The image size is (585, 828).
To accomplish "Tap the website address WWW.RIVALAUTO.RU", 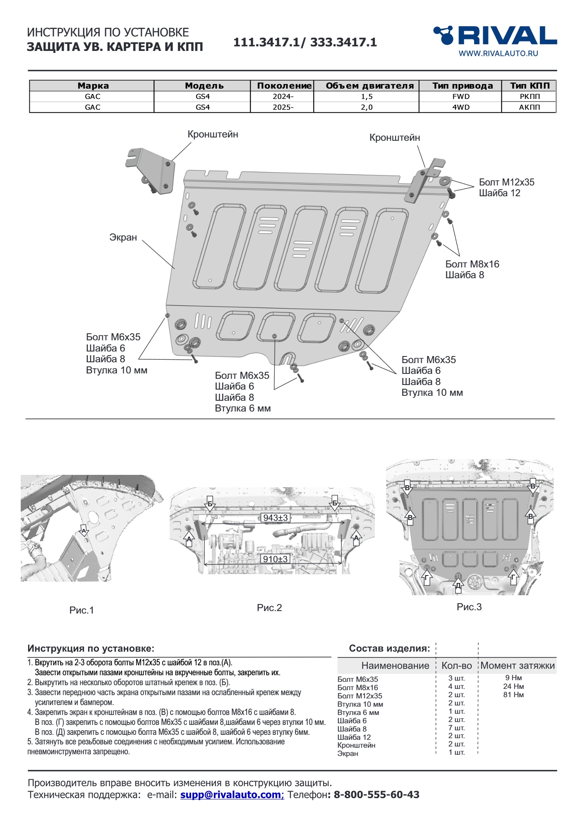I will pos(498,53).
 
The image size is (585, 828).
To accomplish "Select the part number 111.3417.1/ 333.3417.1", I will pos(305,42).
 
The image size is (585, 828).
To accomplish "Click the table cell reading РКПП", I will pos(529,96).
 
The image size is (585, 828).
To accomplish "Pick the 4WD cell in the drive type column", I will pos(460,107).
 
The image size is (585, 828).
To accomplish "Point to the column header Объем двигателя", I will pos(369,86).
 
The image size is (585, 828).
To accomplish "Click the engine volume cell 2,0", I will pos(367,107).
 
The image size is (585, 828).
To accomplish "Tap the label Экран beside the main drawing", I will pos(123,237).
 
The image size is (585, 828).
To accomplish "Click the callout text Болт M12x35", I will pos(506,182).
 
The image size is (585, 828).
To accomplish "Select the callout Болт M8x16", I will pos(472,264).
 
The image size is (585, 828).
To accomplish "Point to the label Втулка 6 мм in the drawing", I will pos(242,408).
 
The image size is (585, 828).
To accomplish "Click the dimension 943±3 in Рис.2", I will pos(275,517).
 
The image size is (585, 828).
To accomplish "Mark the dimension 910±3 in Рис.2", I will pos(275,559).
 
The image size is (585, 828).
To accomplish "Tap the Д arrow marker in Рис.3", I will pos(458,585).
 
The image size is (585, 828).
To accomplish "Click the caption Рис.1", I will pos(82,610).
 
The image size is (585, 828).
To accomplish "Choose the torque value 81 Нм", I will pos(513,695).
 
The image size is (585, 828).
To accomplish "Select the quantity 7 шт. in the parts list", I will pos(456,728).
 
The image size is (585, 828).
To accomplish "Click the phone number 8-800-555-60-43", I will pos(376,794).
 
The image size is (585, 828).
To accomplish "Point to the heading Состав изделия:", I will pos(389,648).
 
